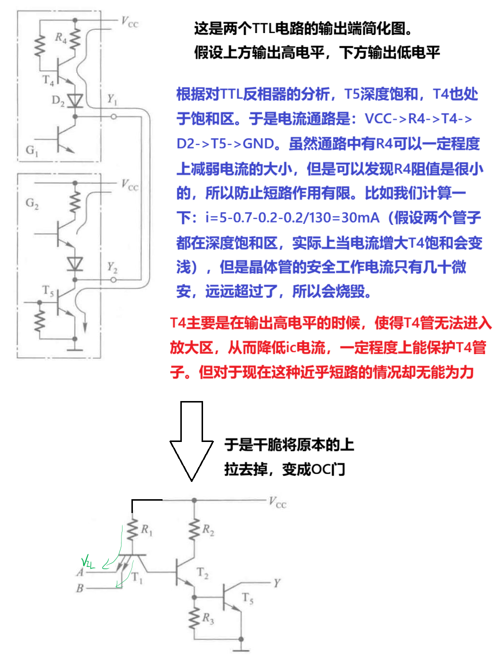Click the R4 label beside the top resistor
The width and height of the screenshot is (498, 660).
[61, 38]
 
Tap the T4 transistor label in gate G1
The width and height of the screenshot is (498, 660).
[48, 80]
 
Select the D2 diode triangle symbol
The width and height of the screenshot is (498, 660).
[75, 101]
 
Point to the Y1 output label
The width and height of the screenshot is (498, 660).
[113, 100]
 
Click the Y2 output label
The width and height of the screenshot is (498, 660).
[113, 268]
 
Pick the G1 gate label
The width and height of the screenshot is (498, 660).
[32, 150]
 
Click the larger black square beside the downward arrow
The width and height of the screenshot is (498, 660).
[92, 314]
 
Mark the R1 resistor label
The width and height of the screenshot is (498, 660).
[147, 530]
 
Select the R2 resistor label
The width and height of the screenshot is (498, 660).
[208, 530]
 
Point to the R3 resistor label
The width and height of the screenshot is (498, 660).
[208, 619]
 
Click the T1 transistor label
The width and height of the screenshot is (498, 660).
[137, 578]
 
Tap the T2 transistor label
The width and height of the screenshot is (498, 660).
[203, 573]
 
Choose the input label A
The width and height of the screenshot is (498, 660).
[80, 572]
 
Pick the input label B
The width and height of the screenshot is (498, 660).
[80, 588]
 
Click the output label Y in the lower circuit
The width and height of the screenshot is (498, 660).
[277, 583]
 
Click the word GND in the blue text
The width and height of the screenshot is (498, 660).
[258, 144]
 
